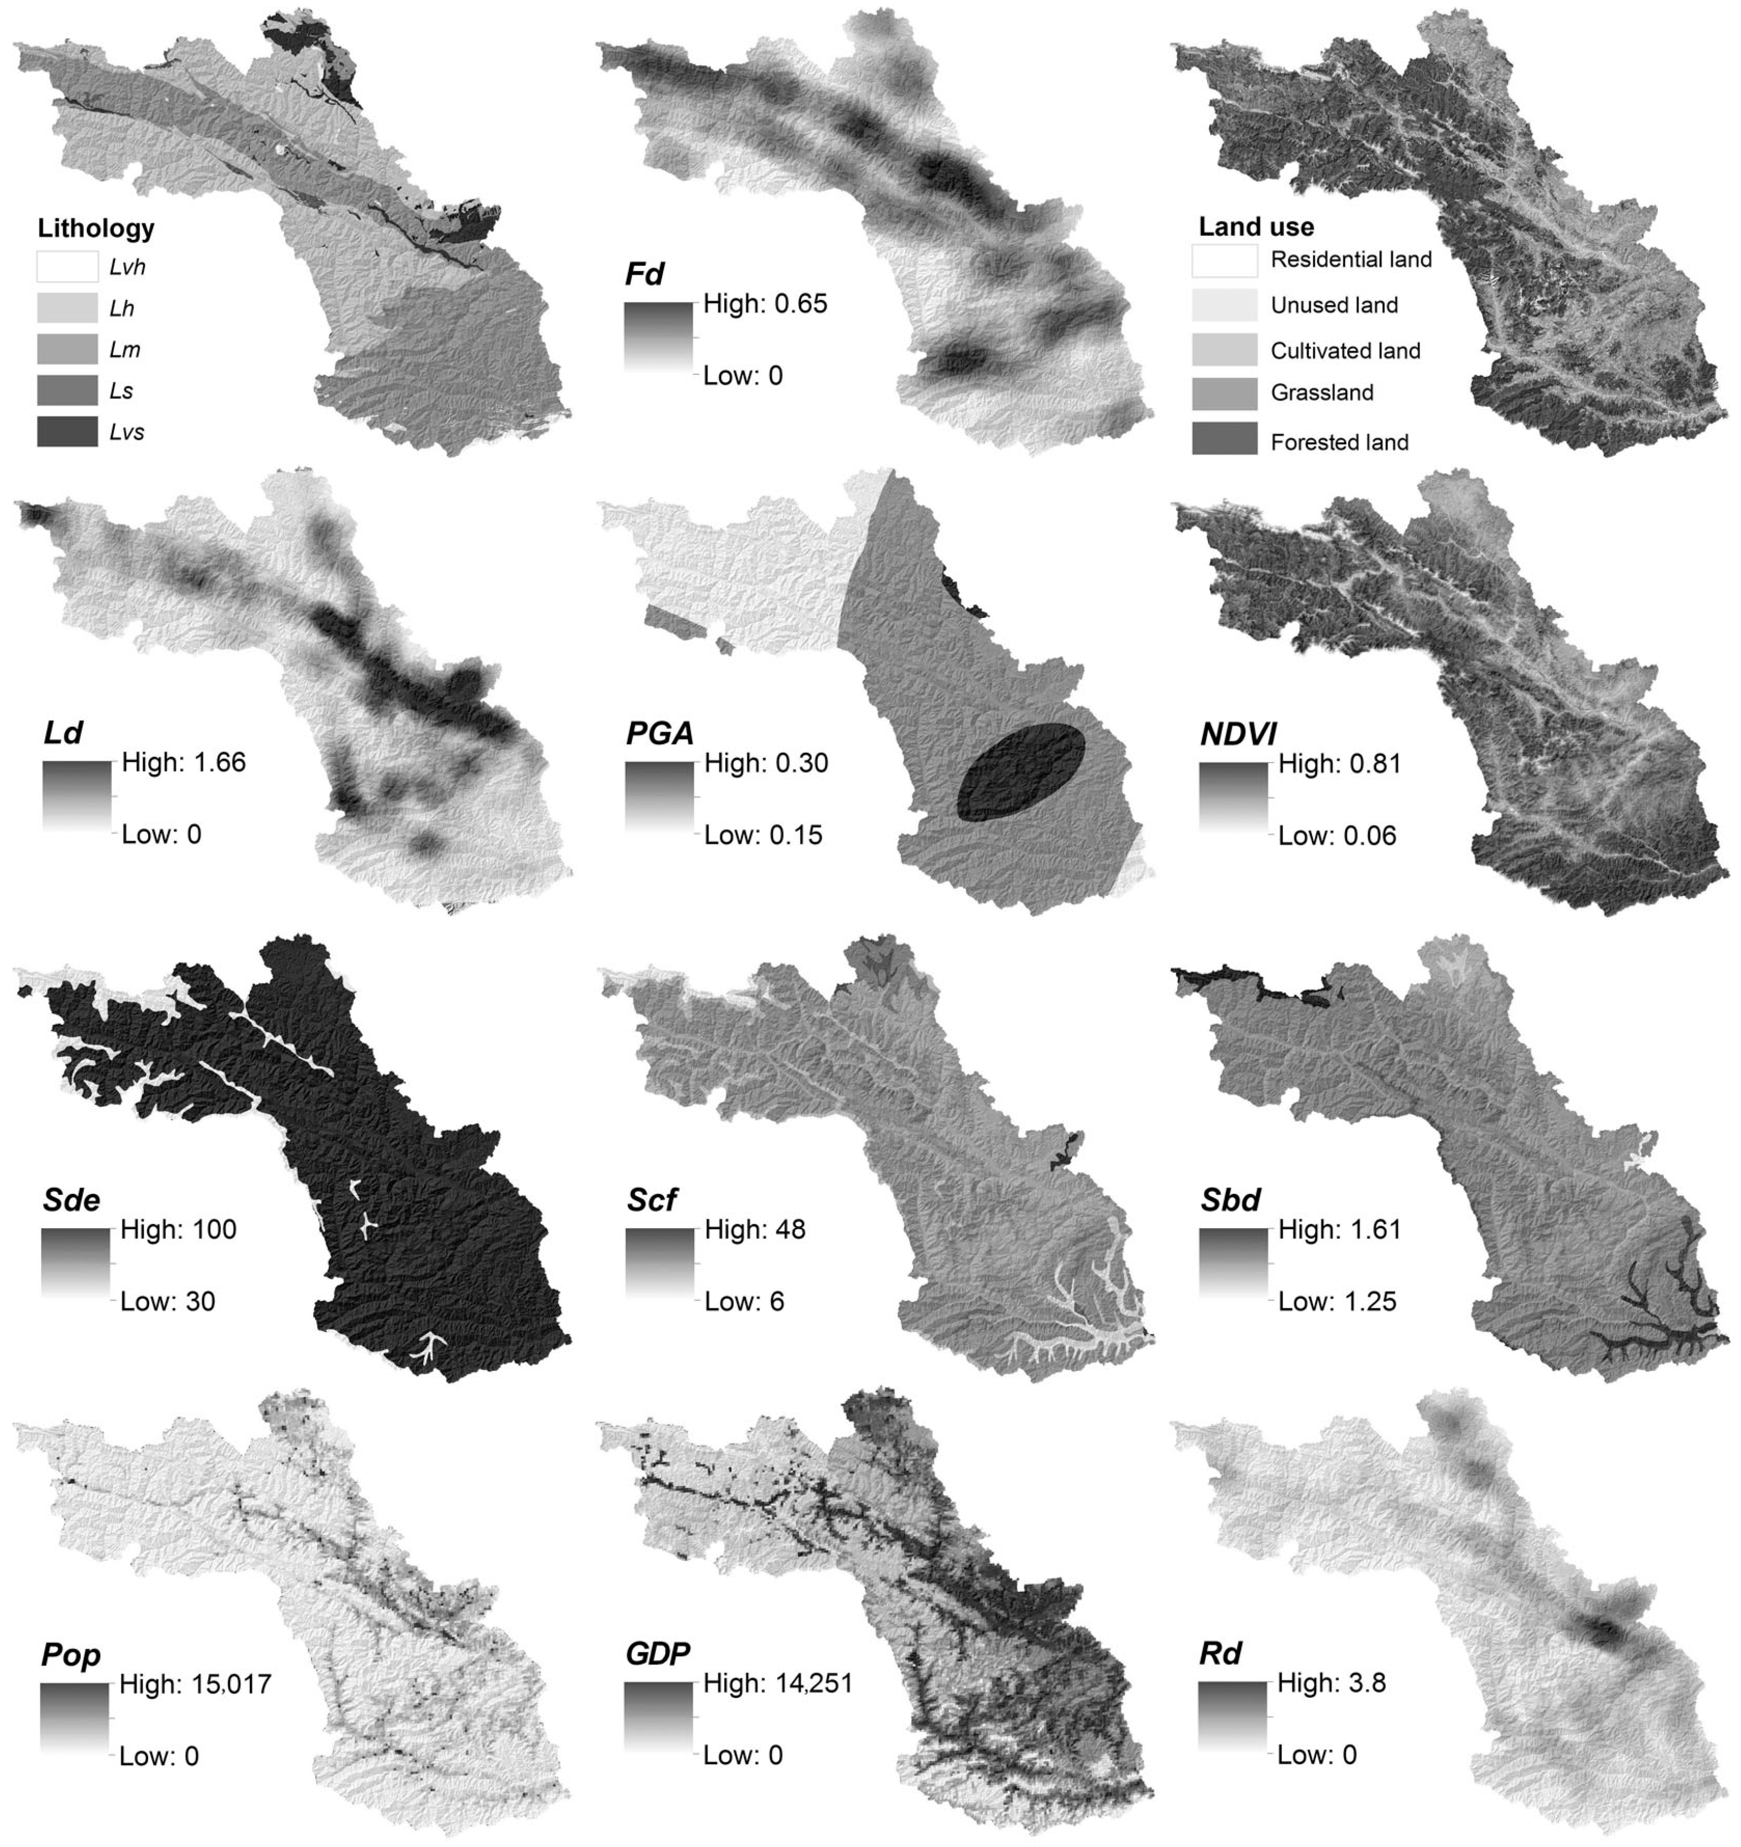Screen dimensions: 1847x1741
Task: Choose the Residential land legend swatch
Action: coord(1224,260)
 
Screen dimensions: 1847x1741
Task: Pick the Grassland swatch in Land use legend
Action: coord(1224,394)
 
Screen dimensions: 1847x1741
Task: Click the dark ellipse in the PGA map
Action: coord(1021,771)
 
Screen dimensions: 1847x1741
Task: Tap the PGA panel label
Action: coord(659,734)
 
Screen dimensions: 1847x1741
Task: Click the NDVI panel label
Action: coord(1238,734)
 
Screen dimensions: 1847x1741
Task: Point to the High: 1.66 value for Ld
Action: coord(184,763)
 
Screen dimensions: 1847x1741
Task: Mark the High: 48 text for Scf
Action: coord(754,1229)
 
